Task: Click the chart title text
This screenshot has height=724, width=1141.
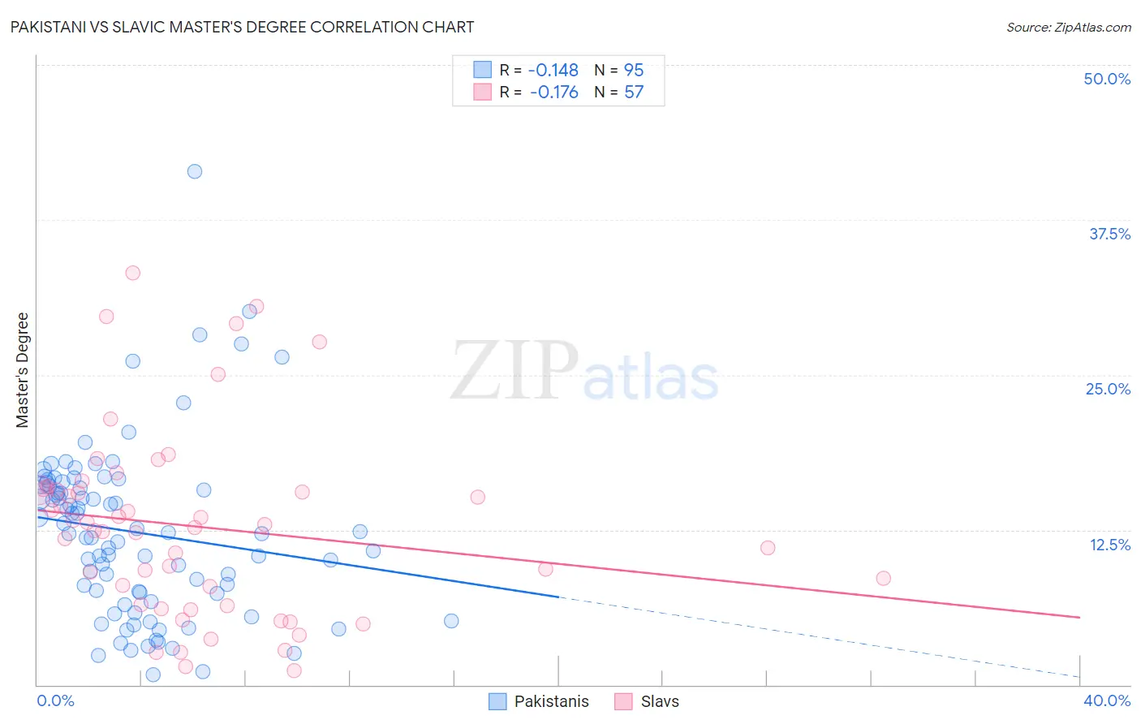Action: click(242, 27)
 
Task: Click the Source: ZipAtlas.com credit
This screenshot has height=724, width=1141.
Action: click(1068, 28)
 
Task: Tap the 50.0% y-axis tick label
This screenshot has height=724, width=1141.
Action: click(1106, 79)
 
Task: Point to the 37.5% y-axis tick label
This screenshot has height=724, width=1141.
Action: click(1109, 234)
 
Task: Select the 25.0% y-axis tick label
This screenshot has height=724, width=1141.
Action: click(1107, 389)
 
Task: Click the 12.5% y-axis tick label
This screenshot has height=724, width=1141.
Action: click(1109, 545)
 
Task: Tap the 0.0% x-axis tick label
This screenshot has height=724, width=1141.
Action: click(55, 700)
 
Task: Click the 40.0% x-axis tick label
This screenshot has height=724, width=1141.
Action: click(1106, 700)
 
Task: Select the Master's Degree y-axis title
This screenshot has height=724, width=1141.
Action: click(23, 370)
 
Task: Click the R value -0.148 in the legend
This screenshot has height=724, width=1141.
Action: click(553, 70)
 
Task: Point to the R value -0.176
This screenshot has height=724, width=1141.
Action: click(553, 92)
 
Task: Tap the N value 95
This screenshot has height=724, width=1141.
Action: click(633, 70)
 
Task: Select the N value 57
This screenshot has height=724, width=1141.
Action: click(633, 92)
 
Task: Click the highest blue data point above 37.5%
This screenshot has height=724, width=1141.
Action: click(195, 171)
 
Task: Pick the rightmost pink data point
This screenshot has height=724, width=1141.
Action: click(883, 578)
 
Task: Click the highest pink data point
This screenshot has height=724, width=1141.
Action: click(132, 273)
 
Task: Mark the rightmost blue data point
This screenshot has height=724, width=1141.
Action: click(451, 621)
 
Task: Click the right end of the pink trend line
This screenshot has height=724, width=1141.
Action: click(1079, 618)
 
